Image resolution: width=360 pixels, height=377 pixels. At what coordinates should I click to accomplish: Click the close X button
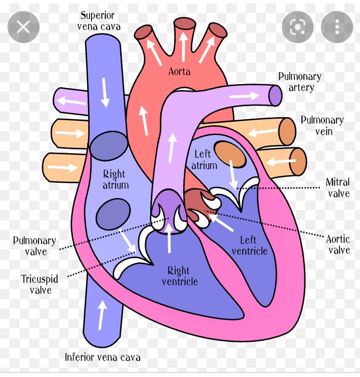point(24,27)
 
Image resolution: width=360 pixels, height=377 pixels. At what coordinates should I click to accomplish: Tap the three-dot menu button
point(337,27)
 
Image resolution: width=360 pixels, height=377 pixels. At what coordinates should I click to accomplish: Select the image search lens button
point(297,27)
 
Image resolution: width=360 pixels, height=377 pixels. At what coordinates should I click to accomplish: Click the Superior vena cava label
point(99,21)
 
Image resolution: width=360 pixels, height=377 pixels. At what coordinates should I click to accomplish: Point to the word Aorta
point(179,72)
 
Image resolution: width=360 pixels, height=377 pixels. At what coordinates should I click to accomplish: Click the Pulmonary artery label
point(300,82)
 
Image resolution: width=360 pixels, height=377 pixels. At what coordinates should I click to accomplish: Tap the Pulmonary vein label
point(322,126)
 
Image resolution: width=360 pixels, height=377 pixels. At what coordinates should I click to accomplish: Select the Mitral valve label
point(338,188)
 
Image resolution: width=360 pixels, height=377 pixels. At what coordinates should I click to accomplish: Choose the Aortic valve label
point(338,244)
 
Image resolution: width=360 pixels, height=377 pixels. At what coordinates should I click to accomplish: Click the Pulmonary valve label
point(35,246)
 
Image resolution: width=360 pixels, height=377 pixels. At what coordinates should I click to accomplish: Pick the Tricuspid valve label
point(40,284)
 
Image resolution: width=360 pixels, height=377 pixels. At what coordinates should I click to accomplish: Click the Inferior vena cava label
point(103,357)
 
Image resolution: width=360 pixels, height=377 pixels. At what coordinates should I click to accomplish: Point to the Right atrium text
point(115,179)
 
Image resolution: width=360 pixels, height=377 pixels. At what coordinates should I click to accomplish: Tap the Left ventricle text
point(250,245)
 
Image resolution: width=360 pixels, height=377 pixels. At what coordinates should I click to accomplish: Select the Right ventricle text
point(180,276)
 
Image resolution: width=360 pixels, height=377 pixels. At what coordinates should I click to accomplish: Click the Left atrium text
point(204,160)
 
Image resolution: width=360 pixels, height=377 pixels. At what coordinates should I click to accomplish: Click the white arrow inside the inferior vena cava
point(102,315)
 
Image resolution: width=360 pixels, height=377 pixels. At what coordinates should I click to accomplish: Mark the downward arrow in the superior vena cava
point(105,93)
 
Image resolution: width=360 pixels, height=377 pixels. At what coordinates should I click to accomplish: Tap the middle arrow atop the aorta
point(183,47)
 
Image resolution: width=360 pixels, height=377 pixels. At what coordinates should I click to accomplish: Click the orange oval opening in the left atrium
point(230,154)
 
